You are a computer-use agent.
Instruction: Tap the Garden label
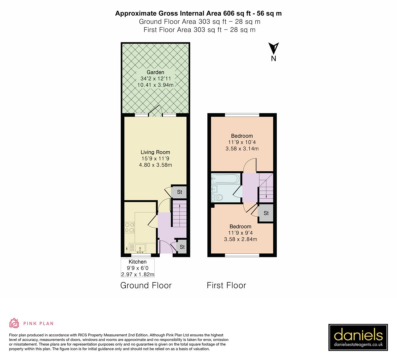pos(156,72)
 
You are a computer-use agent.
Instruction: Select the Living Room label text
pos(155,152)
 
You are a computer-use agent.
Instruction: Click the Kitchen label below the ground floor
pos(137,262)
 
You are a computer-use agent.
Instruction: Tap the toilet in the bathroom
pos(218,197)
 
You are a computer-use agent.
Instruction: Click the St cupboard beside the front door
pos(182,247)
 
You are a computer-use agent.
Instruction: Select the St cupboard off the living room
pos(179,192)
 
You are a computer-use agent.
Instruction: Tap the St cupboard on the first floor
pos(266,213)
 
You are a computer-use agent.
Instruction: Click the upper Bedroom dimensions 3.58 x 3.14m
pos(242,149)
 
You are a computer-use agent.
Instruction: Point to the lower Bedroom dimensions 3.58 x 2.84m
pos(240,239)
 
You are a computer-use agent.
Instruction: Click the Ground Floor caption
pos(146,285)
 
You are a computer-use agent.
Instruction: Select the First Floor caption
pos(226,285)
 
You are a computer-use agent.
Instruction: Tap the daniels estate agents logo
pos(358,337)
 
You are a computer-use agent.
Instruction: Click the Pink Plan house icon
pos(14,323)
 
